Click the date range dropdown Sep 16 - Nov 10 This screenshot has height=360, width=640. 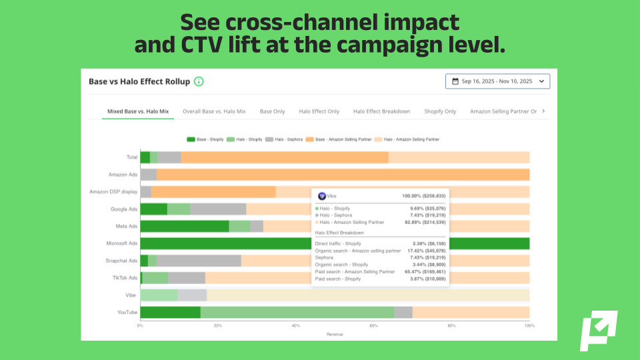point(498,81)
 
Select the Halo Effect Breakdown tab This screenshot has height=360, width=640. point(381,111)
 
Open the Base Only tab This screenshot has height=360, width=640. point(272,111)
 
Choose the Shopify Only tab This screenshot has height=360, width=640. point(440,111)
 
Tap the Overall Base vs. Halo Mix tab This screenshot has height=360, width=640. point(214,111)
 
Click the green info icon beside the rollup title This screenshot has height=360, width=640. point(199,81)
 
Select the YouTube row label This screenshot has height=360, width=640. point(127,312)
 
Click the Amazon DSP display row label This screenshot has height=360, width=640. point(113,192)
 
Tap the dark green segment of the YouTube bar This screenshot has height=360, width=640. point(170,312)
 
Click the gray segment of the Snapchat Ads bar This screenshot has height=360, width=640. point(199,261)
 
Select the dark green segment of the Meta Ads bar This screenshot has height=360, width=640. point(184,226)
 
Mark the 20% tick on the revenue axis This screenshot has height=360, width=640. point(218,326)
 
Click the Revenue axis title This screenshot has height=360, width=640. point(335,333)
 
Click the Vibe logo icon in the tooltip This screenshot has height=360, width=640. point(321,196)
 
